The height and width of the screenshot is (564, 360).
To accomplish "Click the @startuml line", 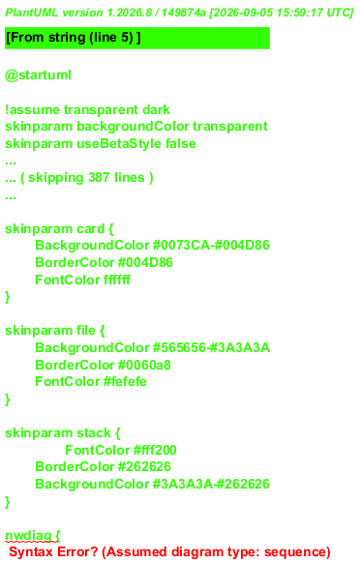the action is (38, 75).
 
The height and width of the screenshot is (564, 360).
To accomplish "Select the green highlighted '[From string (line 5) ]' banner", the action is (137, 38).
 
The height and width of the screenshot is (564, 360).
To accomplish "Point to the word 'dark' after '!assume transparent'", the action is (156, 109).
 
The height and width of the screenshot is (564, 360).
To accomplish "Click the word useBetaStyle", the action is (119, 144).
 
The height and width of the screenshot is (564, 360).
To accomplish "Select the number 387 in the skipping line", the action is (98, 178).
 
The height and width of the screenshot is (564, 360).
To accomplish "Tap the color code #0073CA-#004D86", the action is (211, 246).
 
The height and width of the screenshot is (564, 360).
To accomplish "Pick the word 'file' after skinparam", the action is (86, 331).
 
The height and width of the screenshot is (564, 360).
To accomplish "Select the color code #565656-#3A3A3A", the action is (212, 348).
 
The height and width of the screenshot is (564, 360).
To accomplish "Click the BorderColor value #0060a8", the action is (144, 365).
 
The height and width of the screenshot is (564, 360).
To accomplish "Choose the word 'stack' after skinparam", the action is (94, 433).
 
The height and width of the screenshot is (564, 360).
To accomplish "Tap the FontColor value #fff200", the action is (155, 451).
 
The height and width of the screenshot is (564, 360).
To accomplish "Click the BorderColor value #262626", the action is (144, 467).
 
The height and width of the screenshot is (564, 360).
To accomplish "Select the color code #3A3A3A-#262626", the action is (211, 484).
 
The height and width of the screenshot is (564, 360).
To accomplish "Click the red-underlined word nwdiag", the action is (28, 536).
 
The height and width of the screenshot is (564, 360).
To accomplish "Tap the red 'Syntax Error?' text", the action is (53, 552).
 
